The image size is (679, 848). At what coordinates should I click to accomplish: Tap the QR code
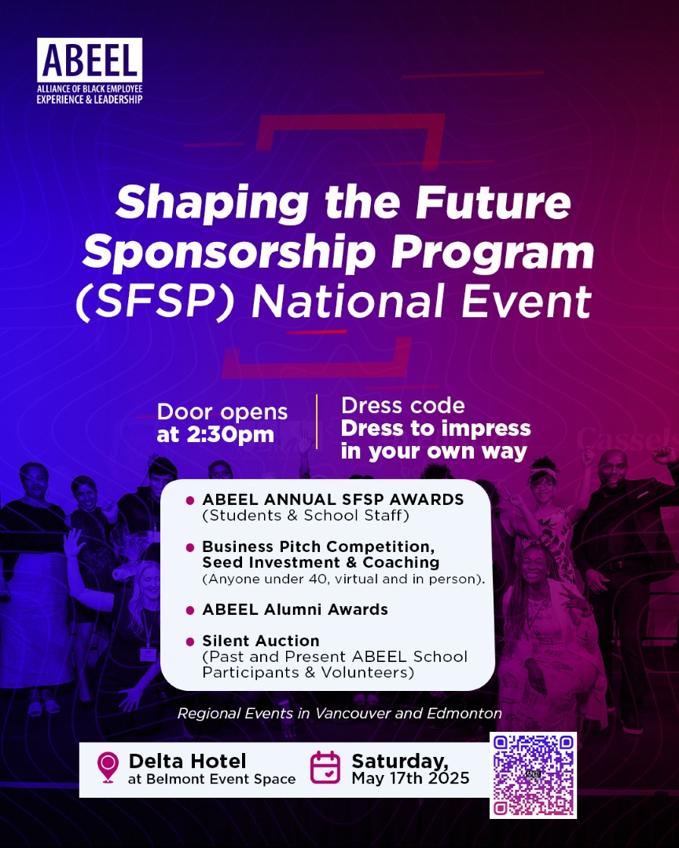pyautogui.click(x=534, y=775)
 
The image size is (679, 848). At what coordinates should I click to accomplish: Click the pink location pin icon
pyautogui.click(x=108, y=767)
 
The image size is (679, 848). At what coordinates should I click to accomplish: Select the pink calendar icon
pyautogui.click(x=325, y=767)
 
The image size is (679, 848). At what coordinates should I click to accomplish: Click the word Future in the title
pyautogui.click(x=493, y=202)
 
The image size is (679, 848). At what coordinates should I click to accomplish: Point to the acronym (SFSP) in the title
pyautogui.click(x=156, y=302)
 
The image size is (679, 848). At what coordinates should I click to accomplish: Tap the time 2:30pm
pyautogui.click(x=230, y=435)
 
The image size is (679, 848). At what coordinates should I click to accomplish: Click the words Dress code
pyautogui.click(x=403, y=406)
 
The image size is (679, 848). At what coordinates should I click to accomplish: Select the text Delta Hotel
pyautogui.click(x=187, y=761)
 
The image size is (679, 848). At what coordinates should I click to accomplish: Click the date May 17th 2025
pyautogui.click(x=410, y=778)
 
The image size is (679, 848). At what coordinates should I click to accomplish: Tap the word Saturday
pyautogui.click(x=400, y=762)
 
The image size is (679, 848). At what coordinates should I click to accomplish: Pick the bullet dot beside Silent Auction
pyautogui.click(x=190, y=642)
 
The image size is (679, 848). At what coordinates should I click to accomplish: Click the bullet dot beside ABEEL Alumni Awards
pyautogui.click(x=190, y=611)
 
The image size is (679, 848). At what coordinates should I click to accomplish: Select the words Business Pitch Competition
pyautogui.click(x=318, y=546)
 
